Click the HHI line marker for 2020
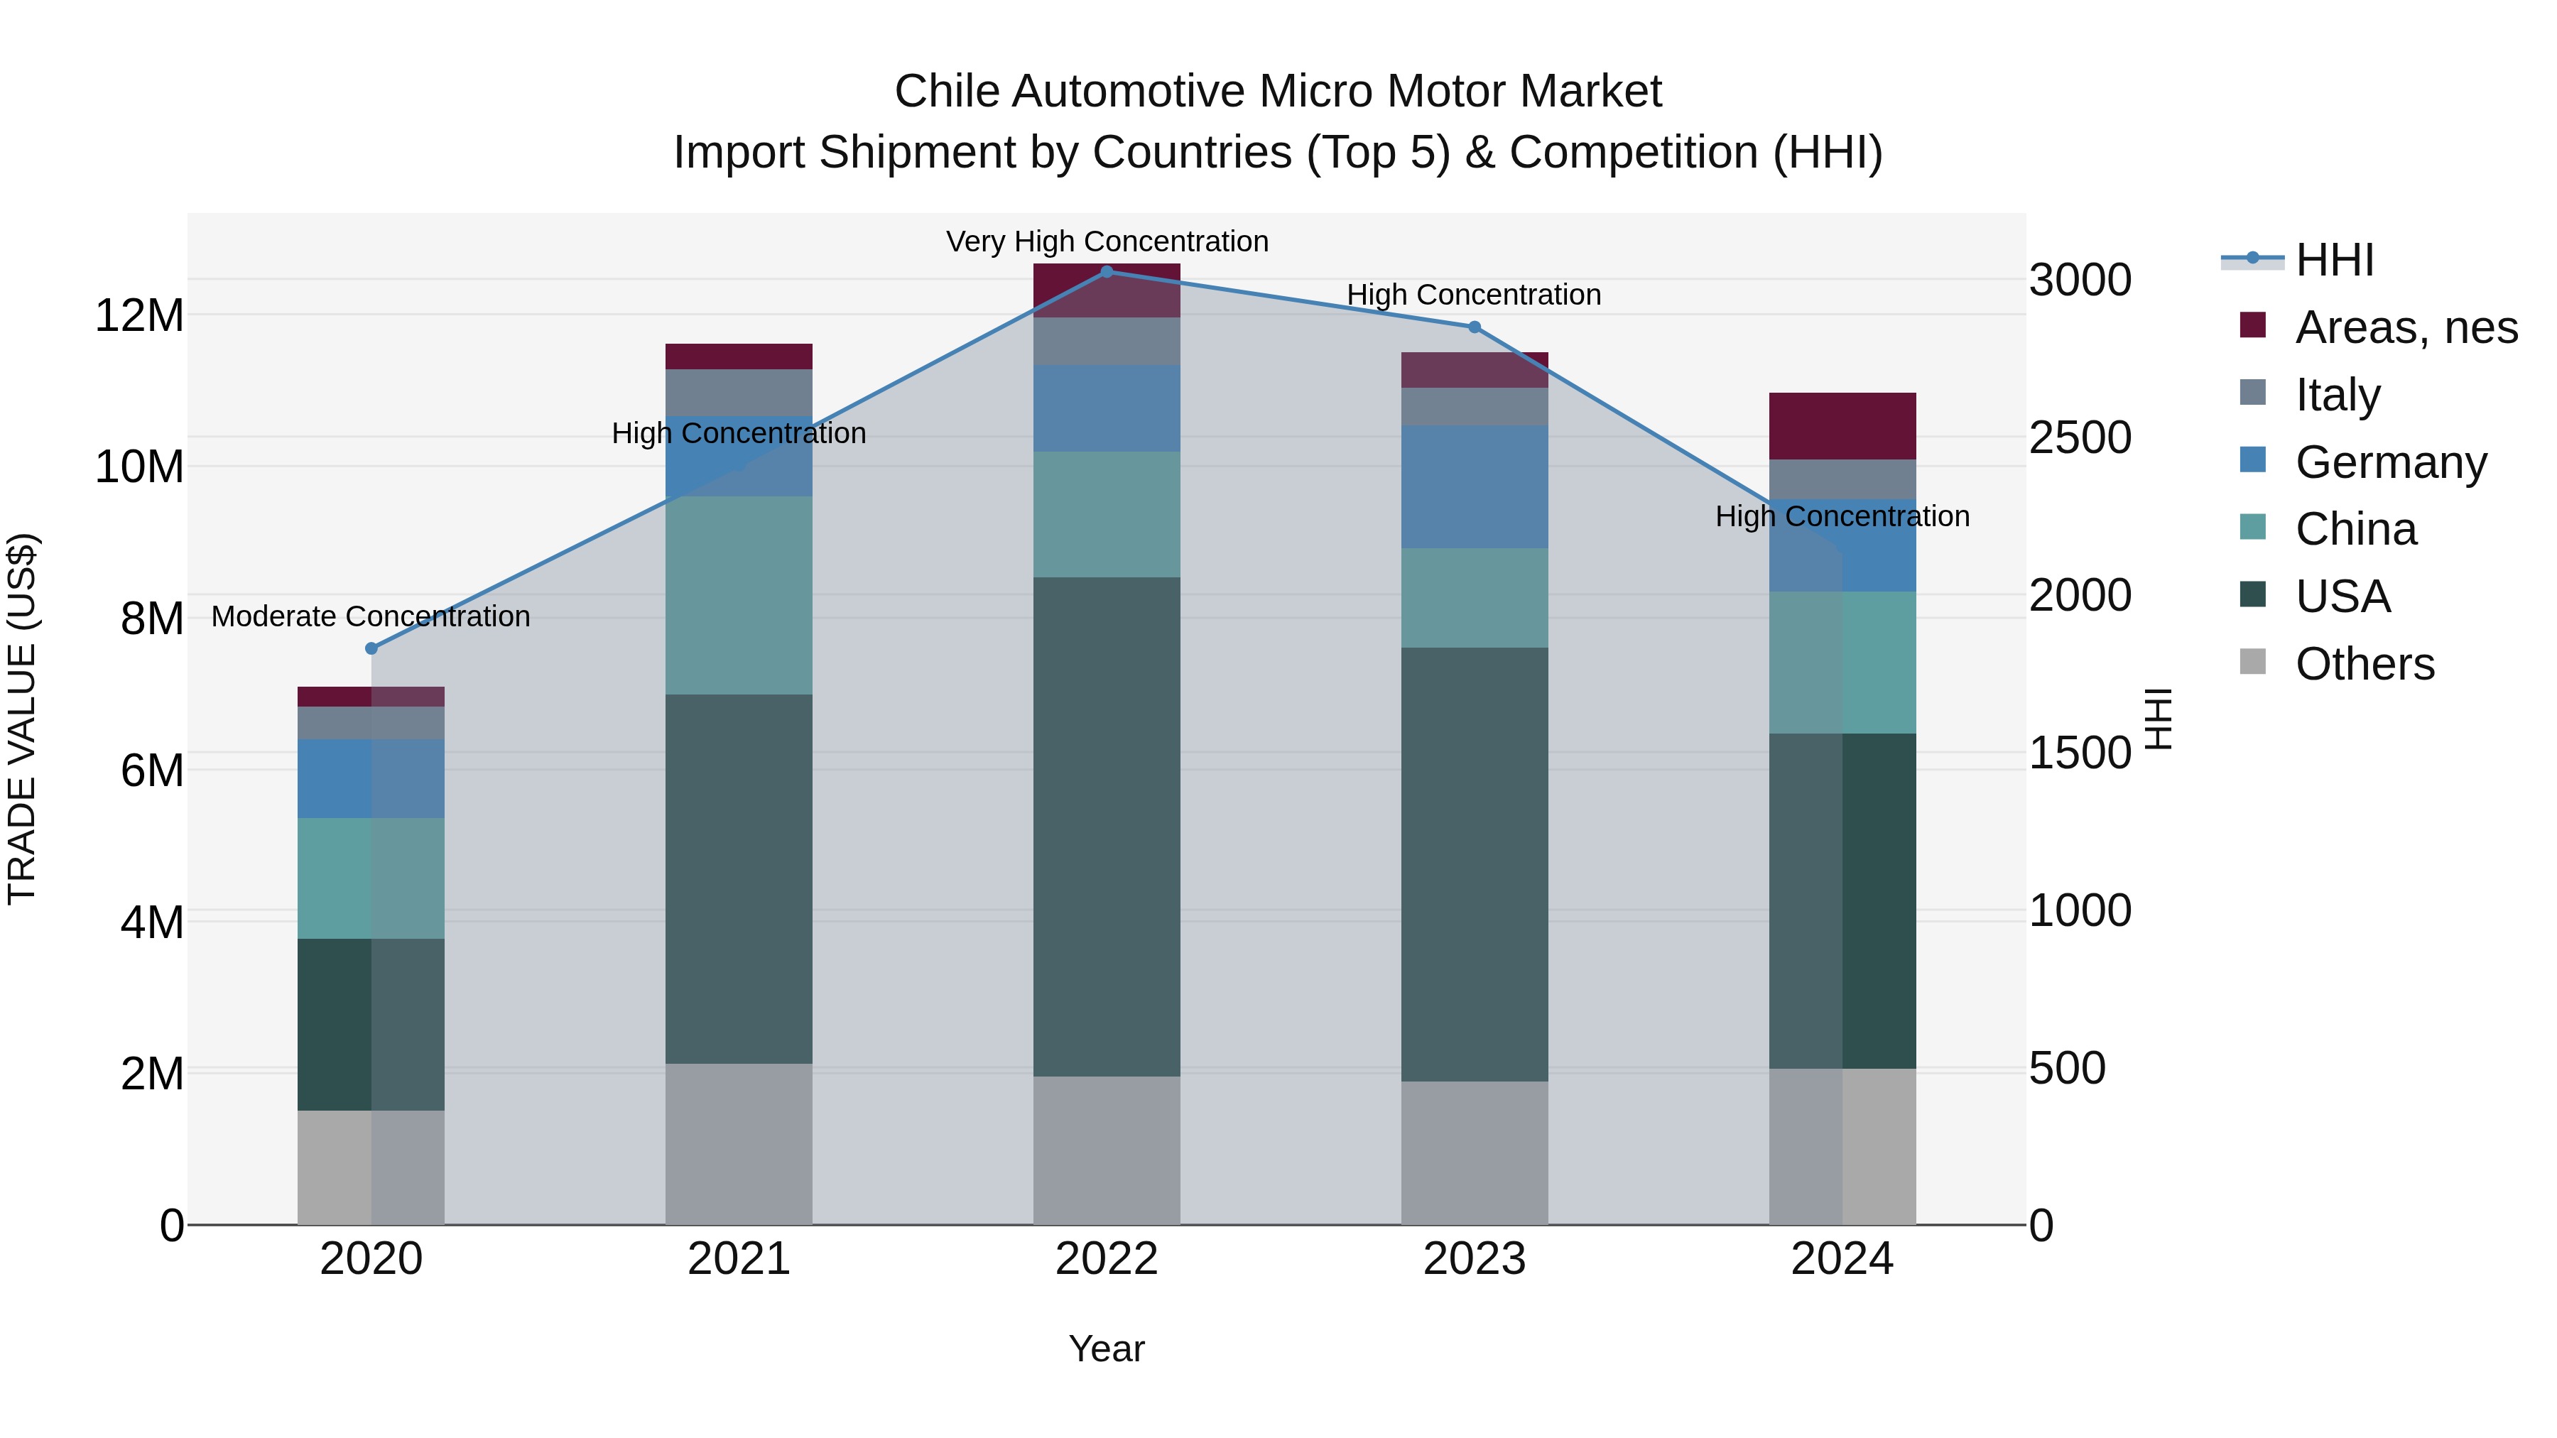(x=371, y=648)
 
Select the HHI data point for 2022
(x=1107, y=271)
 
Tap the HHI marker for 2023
(x=1474, y=327)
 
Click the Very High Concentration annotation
(x=1107, y=241)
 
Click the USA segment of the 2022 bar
(x=1107, y=826)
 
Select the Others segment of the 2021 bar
(x=739, y=1143)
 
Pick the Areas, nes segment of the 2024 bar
(x=1842, y=426)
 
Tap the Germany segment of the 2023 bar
(x=1474, y=486)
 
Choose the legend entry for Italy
(x=2337, y=395)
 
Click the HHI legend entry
(x=2333, y=260)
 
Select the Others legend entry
(x=2363, y=664)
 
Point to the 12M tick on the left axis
(x=139, y=315)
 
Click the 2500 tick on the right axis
(x=2080, y=437)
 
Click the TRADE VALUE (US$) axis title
(x=22, y=719)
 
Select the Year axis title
(x=1106, y=1349)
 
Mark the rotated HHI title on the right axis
(x=2158, y=719)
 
